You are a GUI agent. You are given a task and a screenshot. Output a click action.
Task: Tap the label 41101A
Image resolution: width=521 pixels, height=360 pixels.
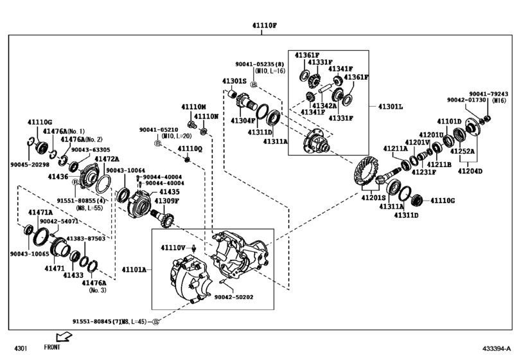point(135,270)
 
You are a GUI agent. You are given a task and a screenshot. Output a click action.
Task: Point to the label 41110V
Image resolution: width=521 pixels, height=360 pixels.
point(172,248)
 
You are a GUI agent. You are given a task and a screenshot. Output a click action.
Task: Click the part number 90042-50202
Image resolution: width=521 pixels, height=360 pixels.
point(234,297)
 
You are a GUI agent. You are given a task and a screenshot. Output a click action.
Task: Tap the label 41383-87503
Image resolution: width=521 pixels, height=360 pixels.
point(86,239)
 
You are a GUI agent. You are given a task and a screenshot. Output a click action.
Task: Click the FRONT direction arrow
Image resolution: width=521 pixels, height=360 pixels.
point(65,337)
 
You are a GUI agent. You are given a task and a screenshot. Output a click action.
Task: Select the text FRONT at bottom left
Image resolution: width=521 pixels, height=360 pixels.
point(53,348)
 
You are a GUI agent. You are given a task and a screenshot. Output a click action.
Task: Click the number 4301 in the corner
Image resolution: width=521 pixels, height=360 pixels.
point(21,348)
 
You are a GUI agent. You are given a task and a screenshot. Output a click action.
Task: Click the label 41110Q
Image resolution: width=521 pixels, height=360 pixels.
point(191,148)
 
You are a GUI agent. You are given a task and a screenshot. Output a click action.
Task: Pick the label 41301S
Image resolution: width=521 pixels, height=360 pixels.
point(234,82)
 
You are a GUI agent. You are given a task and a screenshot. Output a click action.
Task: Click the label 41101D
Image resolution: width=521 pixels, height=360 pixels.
point(449,122)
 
